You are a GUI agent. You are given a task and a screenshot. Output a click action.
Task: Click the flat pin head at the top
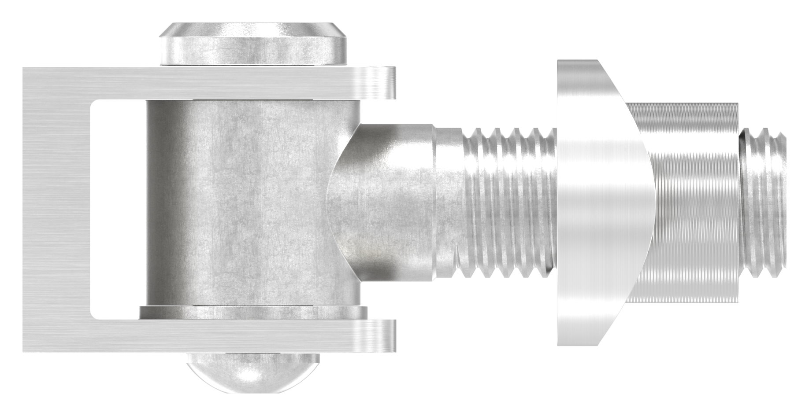pos(254,44)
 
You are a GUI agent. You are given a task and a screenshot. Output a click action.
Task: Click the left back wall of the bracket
pos(55,209)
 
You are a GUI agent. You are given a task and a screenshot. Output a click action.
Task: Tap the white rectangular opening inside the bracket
pos(117,209)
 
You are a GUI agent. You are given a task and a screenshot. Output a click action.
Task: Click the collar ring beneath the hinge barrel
pos(253,313)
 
